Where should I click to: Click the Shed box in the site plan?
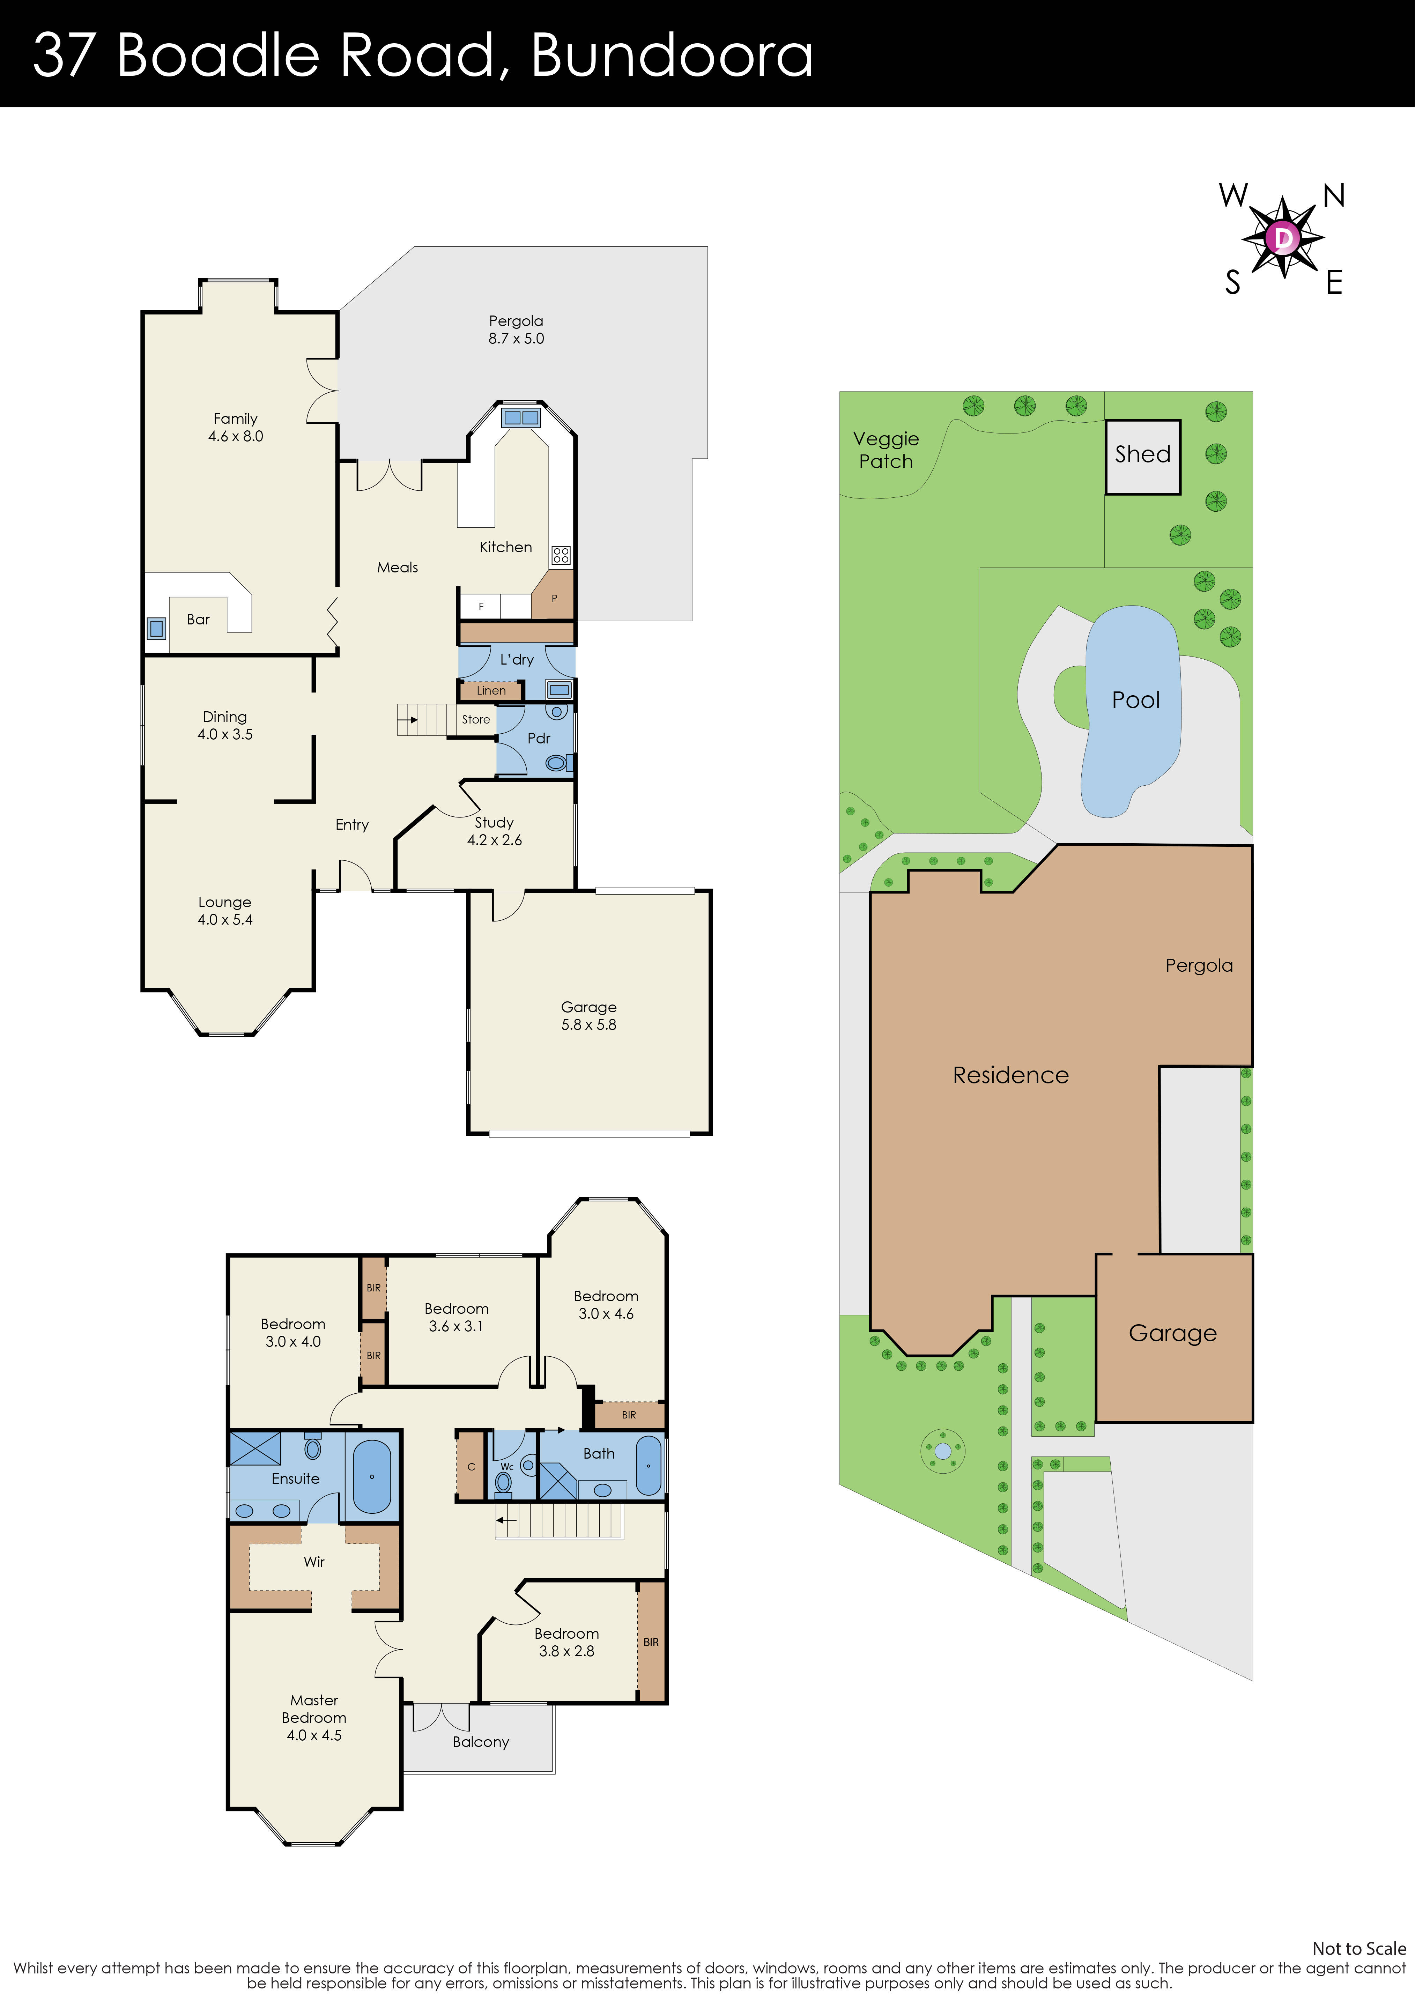[1142, 457]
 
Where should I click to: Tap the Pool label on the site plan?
[1135, 700]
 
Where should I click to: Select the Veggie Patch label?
[885, 450]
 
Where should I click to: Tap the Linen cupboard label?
[490, 690]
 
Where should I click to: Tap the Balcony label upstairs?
[480, 1741]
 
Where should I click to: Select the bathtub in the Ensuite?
[372, 1476]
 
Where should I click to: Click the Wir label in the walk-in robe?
[314, 1562]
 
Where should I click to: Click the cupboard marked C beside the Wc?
[471, 1467]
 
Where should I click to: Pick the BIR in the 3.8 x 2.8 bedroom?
[651, 1642]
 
